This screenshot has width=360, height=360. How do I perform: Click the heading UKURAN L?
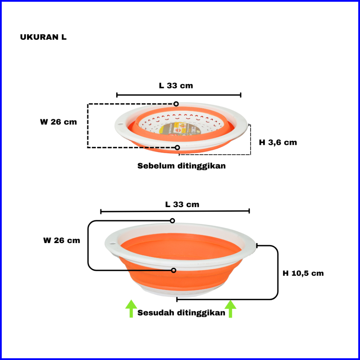pos(43,38)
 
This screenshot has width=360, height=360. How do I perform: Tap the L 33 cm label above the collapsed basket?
pos(176,86)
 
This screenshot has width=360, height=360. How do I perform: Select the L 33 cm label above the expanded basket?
pos(182,204)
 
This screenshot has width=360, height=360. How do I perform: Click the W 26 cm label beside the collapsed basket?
pos(58,122)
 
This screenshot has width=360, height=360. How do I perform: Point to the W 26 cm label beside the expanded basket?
pos(62,241)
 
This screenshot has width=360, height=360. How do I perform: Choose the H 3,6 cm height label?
pos(278,142)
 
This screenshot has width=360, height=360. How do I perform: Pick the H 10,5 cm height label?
pos(303,273)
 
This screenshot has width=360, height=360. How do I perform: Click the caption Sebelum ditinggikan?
pos(181,166)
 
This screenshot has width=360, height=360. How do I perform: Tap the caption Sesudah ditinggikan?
pos(181,313)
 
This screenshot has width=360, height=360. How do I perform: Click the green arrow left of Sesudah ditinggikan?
pos(131,308)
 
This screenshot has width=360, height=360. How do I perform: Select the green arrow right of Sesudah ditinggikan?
pos(230,309)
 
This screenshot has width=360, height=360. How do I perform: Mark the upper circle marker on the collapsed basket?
pos(176,104)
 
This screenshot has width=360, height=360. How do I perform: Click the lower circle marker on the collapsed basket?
pos(177,148)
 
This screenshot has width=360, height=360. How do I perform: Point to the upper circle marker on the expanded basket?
pos(172,221)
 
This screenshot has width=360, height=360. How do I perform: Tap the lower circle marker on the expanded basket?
pos(173,271)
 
